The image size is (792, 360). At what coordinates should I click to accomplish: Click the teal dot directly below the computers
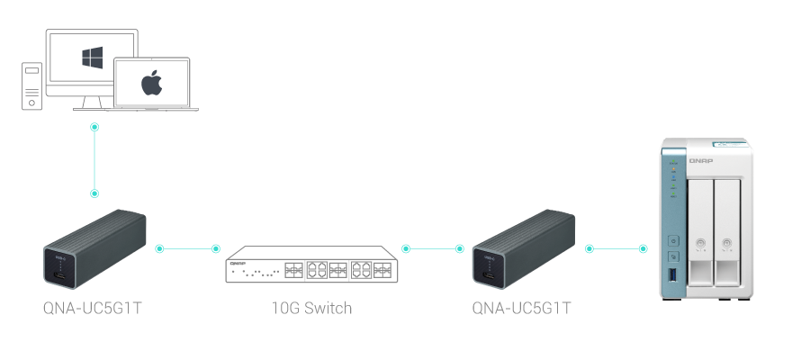pos(94,128)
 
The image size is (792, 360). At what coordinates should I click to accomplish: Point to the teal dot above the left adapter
pos(94,193)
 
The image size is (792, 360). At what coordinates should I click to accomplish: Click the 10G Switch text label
pos(311,309)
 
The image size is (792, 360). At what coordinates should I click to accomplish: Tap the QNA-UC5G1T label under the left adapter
pos(93,309)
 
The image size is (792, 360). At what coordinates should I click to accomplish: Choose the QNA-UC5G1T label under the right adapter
pos(522,309)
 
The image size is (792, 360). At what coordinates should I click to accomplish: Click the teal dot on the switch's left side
pos(215,247)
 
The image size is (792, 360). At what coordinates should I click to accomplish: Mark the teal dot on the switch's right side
pos(406,247)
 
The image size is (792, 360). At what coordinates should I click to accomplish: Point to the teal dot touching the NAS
pos(643,247)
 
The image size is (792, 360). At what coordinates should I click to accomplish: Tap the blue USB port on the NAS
pos(672,273)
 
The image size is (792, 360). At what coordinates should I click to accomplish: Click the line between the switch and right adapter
pos(433,247)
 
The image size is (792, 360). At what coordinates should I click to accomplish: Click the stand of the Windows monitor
pos(92,103)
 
